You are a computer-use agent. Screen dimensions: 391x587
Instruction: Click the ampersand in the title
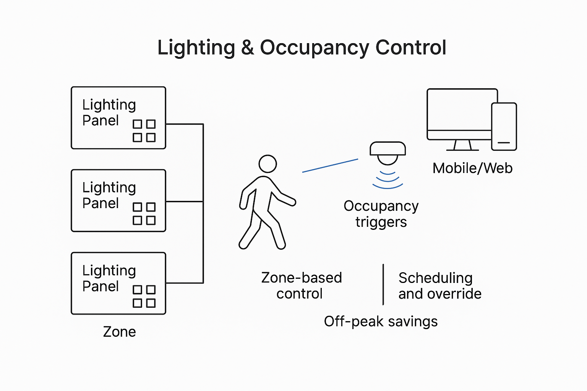point(247,48)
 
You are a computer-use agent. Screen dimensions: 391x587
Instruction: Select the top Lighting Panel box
point(118,118)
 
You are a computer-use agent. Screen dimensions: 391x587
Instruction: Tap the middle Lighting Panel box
point(118,200)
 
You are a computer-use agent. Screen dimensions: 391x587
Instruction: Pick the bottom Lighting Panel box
point(118,283)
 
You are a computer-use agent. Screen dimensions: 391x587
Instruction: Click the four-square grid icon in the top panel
point(144,131)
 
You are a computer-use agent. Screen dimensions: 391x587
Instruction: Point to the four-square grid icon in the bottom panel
point(144,296)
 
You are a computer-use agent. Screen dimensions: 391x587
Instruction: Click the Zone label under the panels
point(119,332)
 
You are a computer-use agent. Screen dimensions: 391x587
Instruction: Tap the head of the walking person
point(268,164)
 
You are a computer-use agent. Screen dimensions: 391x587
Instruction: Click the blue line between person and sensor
point(330,165)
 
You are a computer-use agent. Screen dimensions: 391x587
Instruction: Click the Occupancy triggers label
point(381,214)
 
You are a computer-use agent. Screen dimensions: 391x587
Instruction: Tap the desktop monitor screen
point(459,110)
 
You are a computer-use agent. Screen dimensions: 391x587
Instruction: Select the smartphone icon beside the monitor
point(504,126)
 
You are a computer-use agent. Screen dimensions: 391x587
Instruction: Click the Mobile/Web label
point(472,168)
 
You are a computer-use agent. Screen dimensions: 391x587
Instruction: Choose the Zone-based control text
point(301,286)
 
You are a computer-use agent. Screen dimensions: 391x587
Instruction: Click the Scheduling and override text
point(439,286)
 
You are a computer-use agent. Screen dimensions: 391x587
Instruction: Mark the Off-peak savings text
point(381,322)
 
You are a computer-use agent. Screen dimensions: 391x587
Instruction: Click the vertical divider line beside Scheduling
point(383,284)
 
